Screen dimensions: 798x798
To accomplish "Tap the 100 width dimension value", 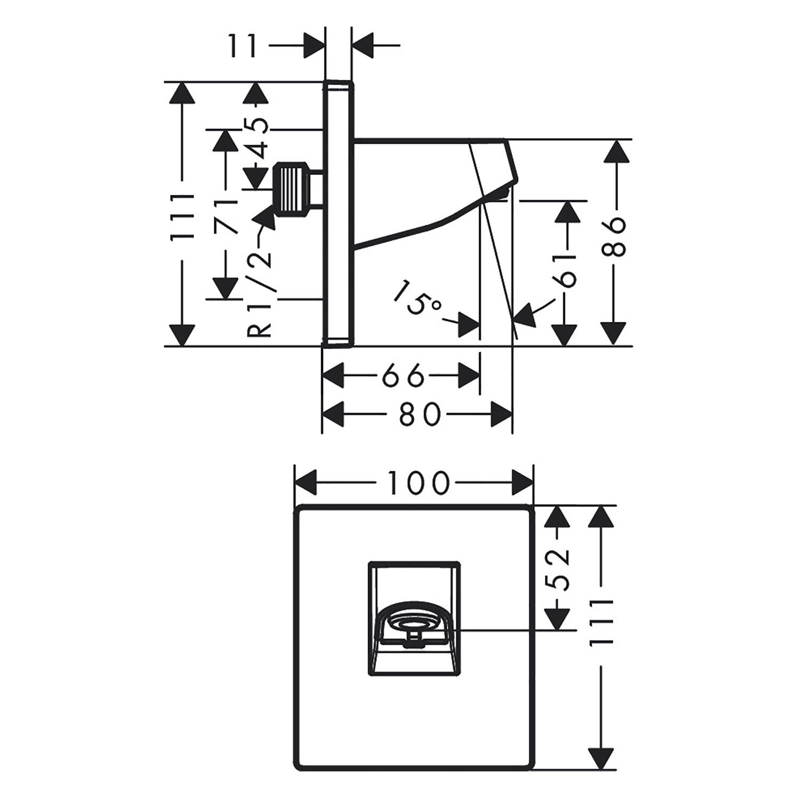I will tap(418, 483).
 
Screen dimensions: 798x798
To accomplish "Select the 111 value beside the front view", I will tap(601, 622).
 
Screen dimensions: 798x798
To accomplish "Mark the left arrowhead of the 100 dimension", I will tap(305, 483).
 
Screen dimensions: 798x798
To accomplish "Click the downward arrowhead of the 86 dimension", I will tap(615, 334).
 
